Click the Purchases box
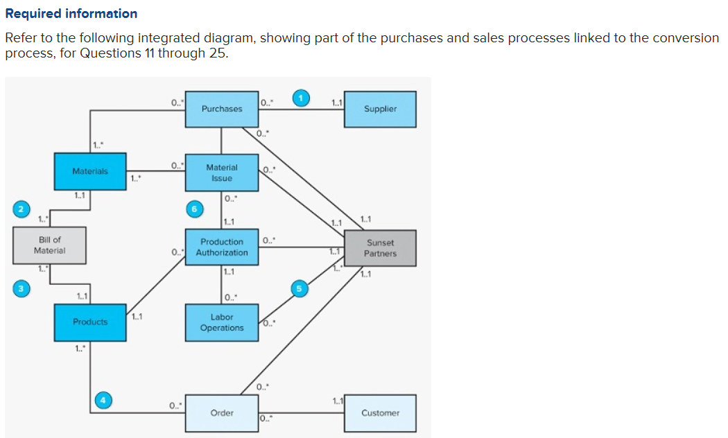(221, 109)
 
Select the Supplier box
(380, 109)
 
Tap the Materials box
(90, 171)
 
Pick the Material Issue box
(221, 173)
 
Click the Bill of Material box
(49, 245)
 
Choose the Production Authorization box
(221, 247)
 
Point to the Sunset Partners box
(381, 248)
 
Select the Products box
(90, 322)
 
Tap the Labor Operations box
(221, 322)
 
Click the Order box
(221, 413)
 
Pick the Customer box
(380, 413)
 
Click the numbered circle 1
(300, 98)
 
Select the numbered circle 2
(21, 209)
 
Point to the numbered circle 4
(103, 400)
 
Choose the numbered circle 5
(300, 289)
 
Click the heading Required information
(71, 14)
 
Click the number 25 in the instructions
(216, 53)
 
